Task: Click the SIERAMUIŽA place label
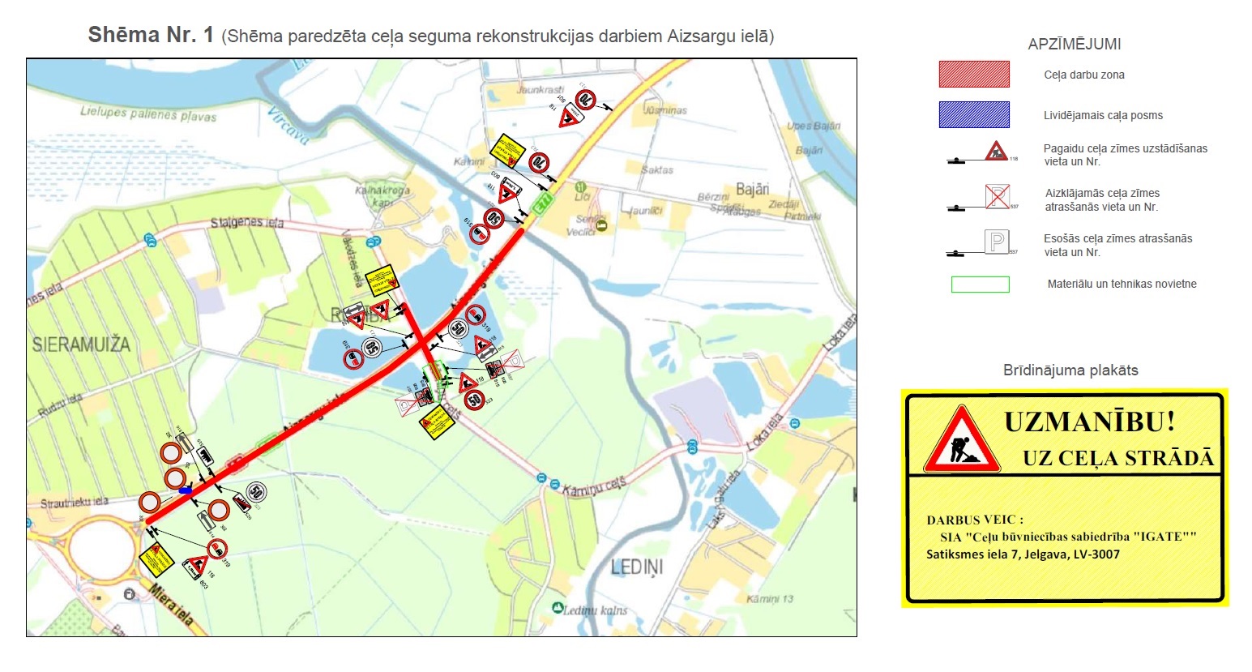(81, 345)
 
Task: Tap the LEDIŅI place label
(637, 567)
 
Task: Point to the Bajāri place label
(752, 189)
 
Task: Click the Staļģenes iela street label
(247, 222)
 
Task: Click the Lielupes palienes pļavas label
(148, 114)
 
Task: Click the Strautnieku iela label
(75, 503)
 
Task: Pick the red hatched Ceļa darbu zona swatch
(974, 75)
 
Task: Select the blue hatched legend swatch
(974, 115)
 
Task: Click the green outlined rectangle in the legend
(980, 285)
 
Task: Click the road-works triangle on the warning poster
(962, 442)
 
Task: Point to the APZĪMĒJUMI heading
(1074, 45)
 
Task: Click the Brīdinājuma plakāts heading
(1070, 370)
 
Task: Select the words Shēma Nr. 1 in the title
(151, 35)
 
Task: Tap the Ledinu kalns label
(595, 610)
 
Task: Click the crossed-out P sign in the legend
(997, 197)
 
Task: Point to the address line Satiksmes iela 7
(1023, 554)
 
